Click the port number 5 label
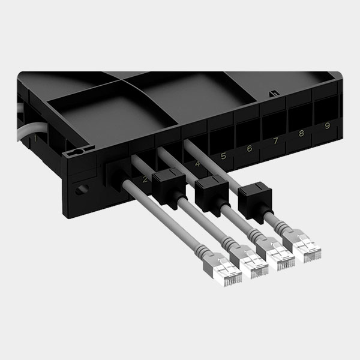point(223,155)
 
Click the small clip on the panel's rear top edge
point(274,94)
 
